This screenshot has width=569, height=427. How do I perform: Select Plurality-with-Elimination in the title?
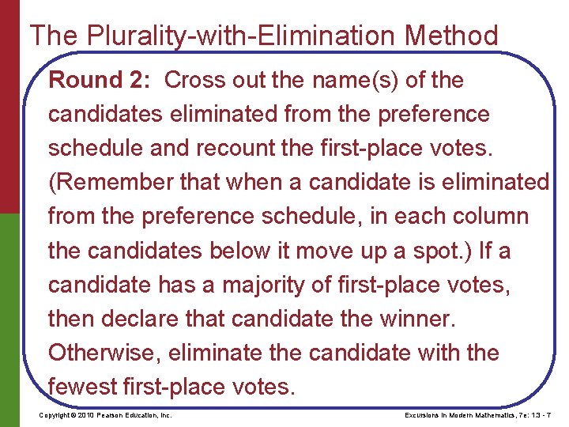(212, 36)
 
